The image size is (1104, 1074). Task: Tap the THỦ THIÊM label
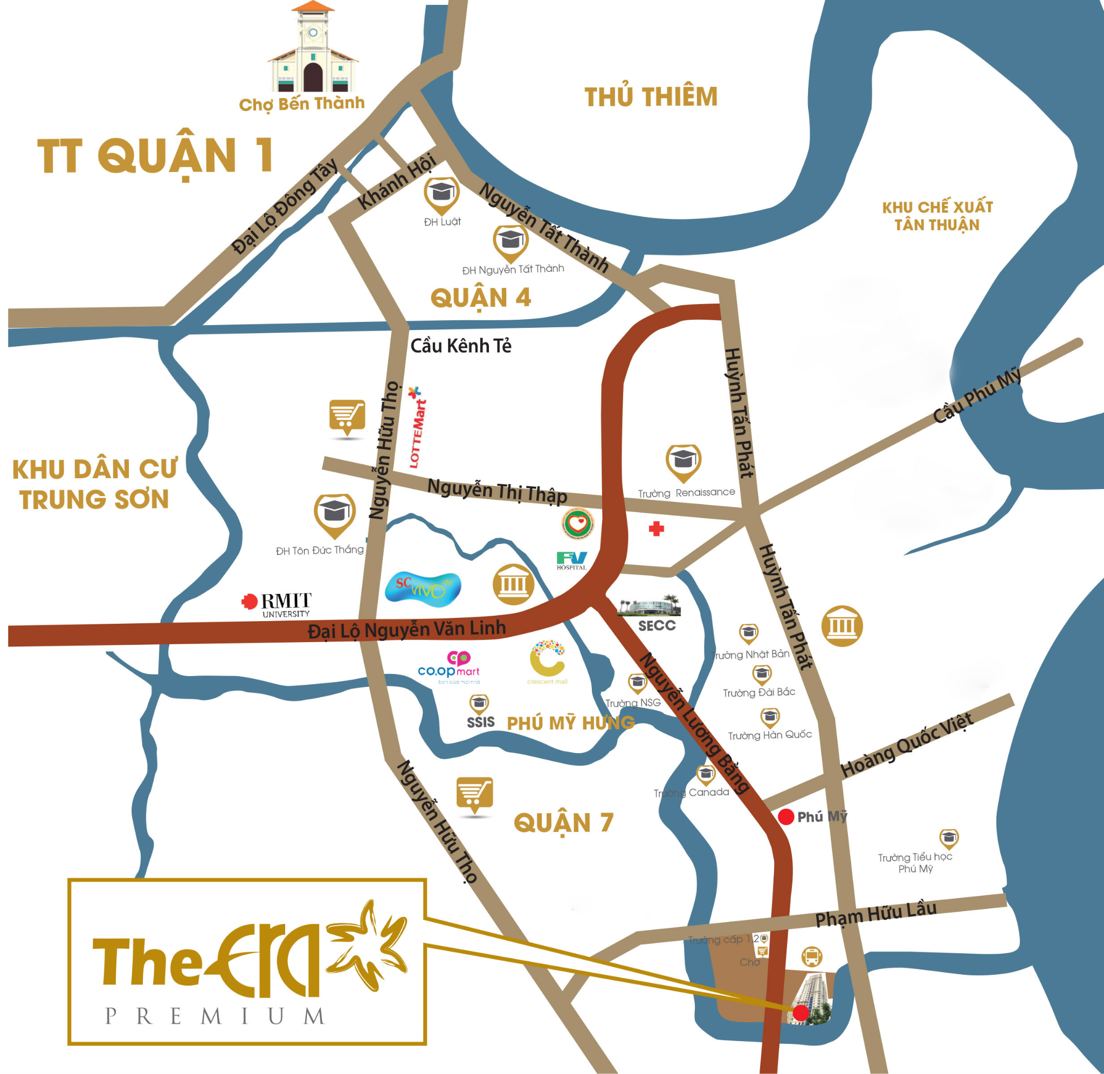pyautogui.click(x=651, y=97)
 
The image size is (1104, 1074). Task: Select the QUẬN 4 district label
pyautogui.click(x=480, y=298)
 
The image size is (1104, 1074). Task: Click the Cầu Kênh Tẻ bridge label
pyautogui.click(x=461, y=346)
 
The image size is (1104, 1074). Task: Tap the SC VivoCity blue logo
pyautogui.click(x=423, y=588)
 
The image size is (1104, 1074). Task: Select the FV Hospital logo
pyautogui.click(x=572, y=560)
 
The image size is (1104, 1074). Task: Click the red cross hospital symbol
pyautogui.click(x=655, y=528)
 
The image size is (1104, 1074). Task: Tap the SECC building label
pyautogui.click(x=657, y=625)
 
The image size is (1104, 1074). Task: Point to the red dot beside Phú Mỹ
pyautogui.click(x=786, y=816)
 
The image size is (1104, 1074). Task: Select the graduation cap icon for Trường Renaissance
pyautogui.click(x=683, y=462)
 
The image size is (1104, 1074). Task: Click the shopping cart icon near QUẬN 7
pyautogui.click(x=474, y=794)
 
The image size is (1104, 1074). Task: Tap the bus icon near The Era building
pyautogui.click(x=811, y=956)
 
